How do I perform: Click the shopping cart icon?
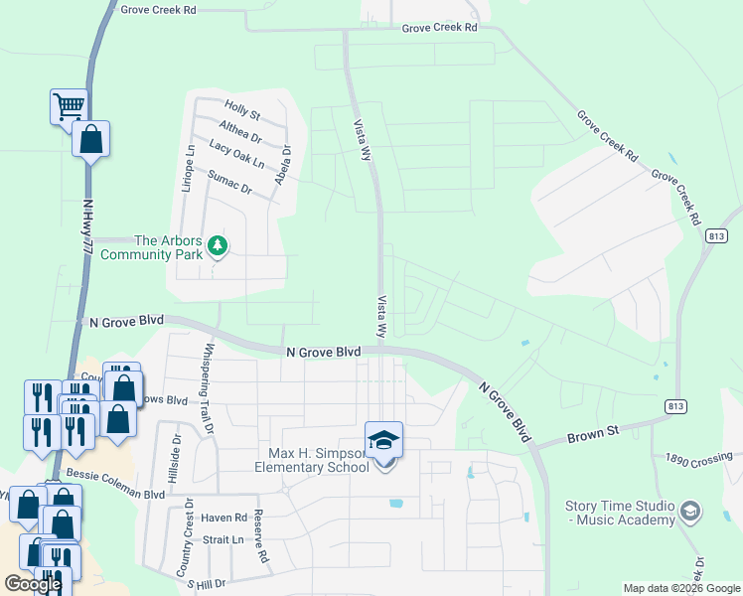tap(69, 105)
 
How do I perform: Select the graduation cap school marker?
tap(383, 439)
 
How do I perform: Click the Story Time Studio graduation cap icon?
tap(690, 513)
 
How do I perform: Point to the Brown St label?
tap(592, 433)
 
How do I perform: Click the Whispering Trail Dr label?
tap(208, 390)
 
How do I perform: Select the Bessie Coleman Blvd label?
tap(113, 494)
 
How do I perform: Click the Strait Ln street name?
tap(223, 539)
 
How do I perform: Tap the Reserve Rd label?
tap(262, 537)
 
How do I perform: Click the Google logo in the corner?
tap(33, 584)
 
